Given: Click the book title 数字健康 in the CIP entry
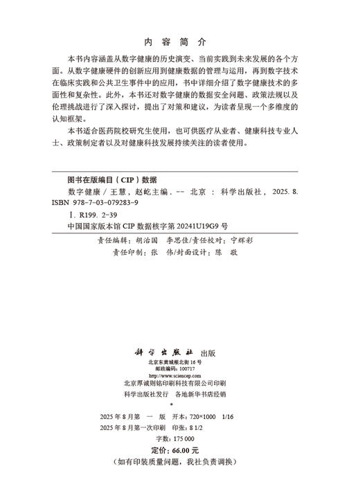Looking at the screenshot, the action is coord(82,190).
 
